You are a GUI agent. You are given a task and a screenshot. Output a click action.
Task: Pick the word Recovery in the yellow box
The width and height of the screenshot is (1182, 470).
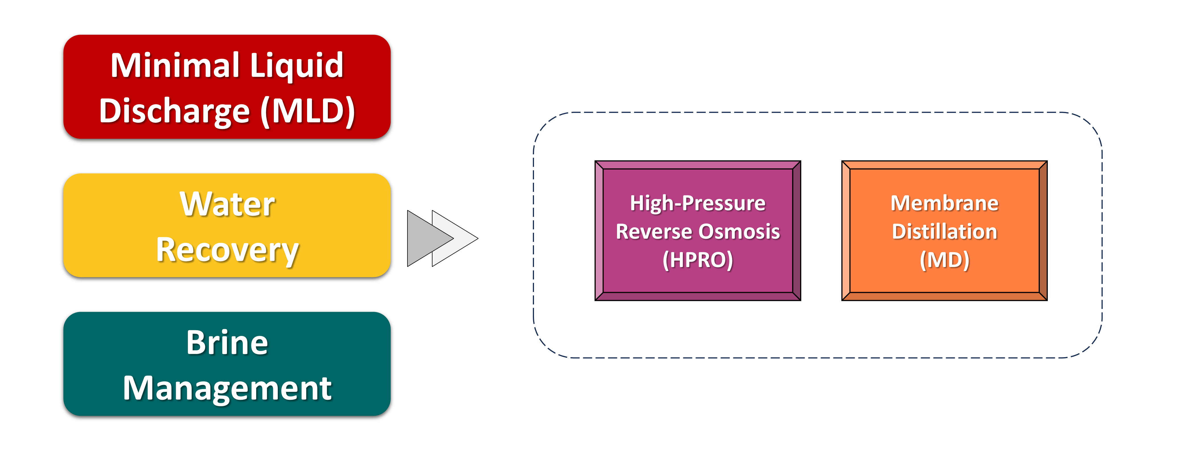[227, 251]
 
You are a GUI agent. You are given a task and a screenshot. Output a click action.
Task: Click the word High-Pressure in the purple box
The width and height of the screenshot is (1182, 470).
[697, 203]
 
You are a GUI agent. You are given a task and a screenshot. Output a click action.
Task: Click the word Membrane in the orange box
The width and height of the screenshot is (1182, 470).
[944, 203]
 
